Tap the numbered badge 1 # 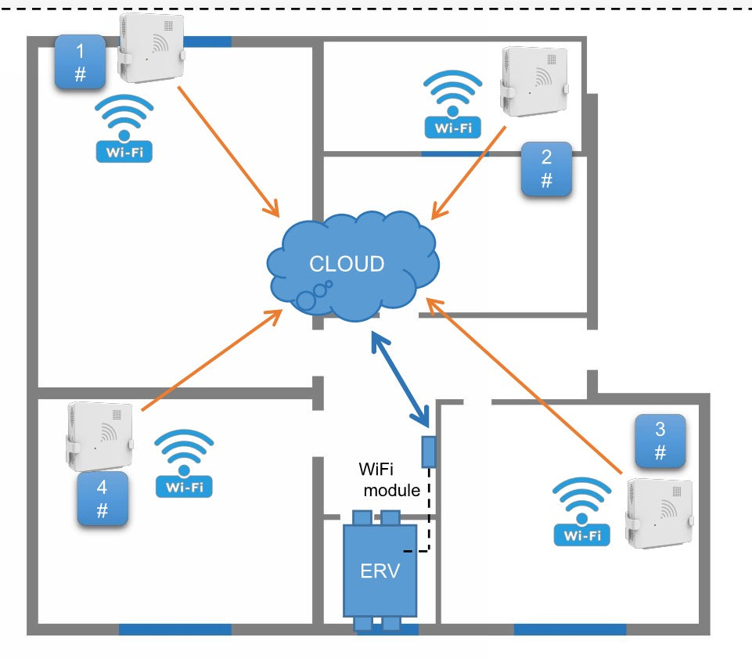(x=80, y=61)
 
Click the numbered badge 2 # (x=546, y=169)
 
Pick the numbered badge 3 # (x=660, y=441)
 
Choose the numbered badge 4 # (x=102, y=499)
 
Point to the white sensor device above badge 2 (x=534, y=82)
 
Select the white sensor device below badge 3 (x=659, y=513)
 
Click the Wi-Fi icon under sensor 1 (x=124, y=130)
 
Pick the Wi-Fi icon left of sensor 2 (x=452, y=105)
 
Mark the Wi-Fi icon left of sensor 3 (x=582, y=513)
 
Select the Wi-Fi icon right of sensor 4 (x=184, y=465)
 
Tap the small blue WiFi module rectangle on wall (x=428, y=452)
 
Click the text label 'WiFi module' (x=390, y=481)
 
